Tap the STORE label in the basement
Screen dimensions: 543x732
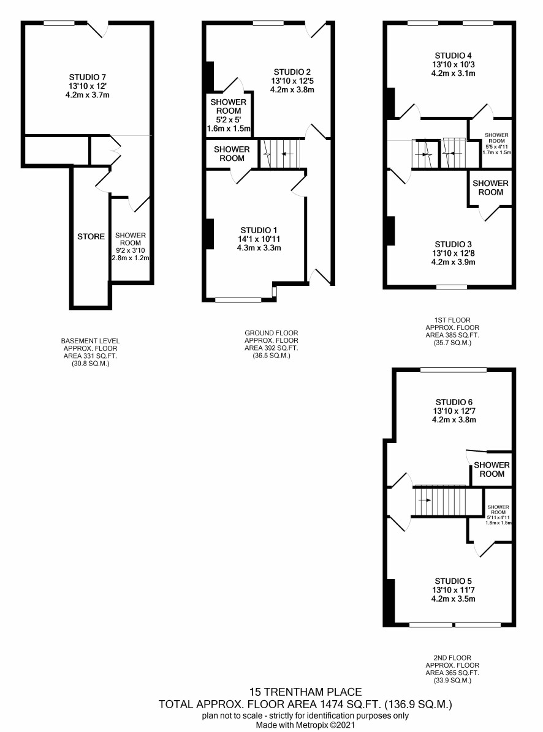[91, 237]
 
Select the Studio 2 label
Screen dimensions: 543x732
[292, 72]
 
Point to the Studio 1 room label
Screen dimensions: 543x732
[259, 230]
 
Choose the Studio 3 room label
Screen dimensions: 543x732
[454, 244]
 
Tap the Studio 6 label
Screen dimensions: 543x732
[454, 402]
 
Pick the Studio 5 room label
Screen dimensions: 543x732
[454, 581]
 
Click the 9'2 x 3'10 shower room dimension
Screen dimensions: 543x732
[131, 250]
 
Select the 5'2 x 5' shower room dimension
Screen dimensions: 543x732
[229, 119]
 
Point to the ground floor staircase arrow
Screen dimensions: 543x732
[287, 154]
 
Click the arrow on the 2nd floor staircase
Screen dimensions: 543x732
[425, 501]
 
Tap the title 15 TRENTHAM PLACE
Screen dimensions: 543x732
[306, 692]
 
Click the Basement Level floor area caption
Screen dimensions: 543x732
[91, 353]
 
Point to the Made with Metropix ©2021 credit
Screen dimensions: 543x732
[305, 725]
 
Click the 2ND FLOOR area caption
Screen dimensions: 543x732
[452, 669]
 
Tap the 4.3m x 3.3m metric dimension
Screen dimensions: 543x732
[259, 248]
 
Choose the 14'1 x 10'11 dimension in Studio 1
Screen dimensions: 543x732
[259, 239]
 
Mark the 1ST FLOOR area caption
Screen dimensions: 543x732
[452, 332]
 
